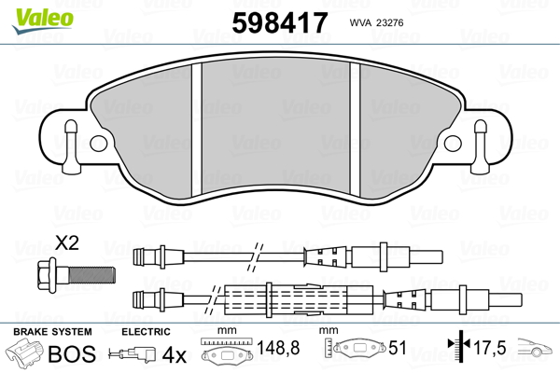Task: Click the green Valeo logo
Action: [x=43, y=21]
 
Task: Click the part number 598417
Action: [x=280, y=22]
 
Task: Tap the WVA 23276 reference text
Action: [x=376, y=22]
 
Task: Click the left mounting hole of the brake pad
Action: [x=98, y=144]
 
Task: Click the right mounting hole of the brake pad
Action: [x=453, y=144]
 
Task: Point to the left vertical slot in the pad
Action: [x=197, y=130]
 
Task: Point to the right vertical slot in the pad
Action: [x=355, y=130]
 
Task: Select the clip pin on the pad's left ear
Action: [x=72, y=146]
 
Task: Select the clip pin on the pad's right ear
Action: [x=480, y=146]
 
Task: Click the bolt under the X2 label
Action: [x=77, y=275]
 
